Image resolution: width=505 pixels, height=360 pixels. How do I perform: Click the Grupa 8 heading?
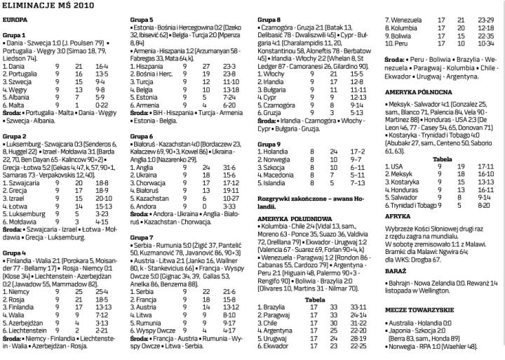point(269,18)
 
